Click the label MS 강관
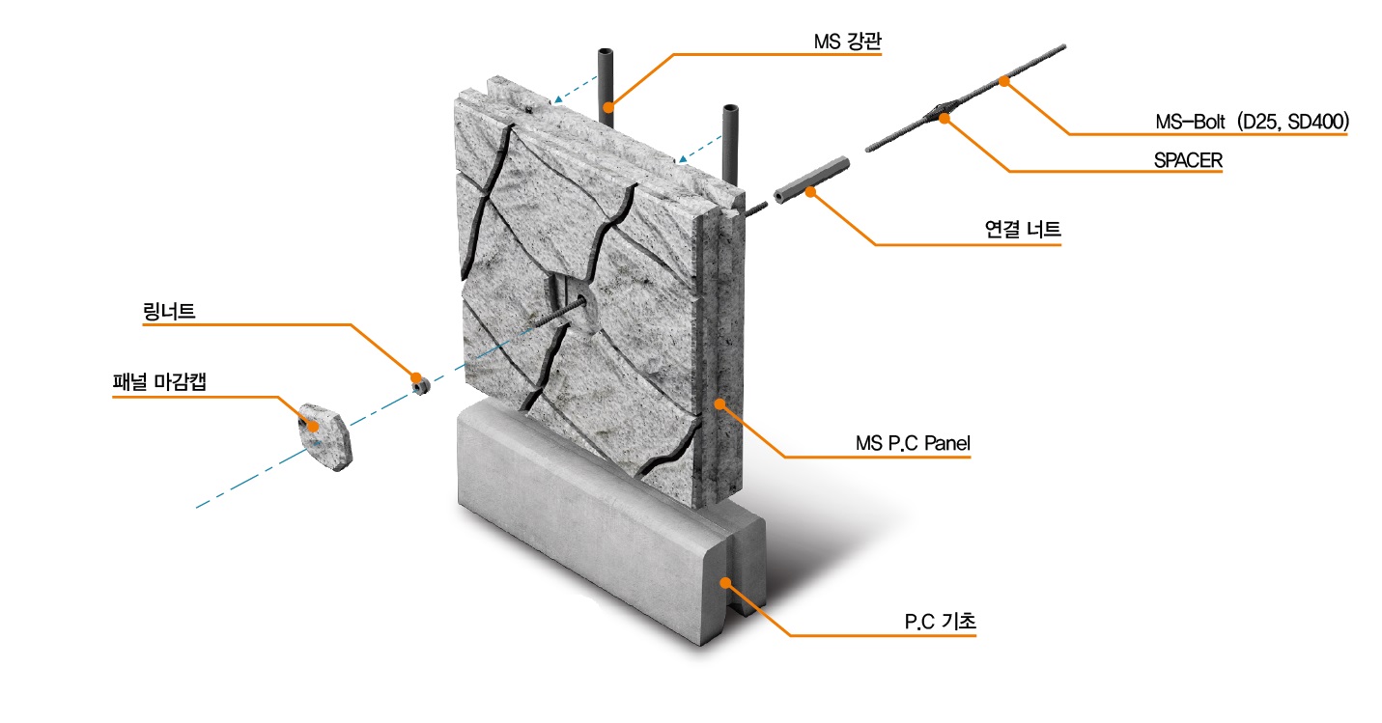pos(847,42)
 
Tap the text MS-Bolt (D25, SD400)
pos(1251,123)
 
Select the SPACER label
pos(1188,160)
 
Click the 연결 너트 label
pos(1023,230)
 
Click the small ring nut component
pos(420,384)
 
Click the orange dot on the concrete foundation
pos(726,583)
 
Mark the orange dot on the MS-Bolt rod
pos(1004,82)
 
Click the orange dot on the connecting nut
pos(810,191)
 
